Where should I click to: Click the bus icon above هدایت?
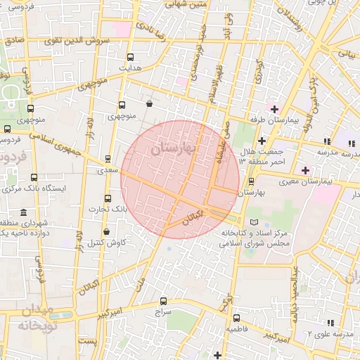pyautogui.click(x=129, y=57)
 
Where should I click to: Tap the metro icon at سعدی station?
pyautogui.click(x=108, y=159)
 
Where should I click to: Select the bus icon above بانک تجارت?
pyautogui.click(x=108, y=199)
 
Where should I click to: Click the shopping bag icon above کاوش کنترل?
pyautogui.click(x=106, y=231)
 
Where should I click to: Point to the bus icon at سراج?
pyautogui.click(x=164, y=301)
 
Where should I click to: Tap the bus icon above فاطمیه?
pyautogui.click(x=236, y=318)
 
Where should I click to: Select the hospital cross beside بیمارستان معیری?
pyautogui.click(x=305, y=170)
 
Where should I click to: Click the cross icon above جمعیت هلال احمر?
pyautogui.click(x=262, y=141)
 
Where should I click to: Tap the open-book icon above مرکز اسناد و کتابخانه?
pyautogui.click(x=244, y=222)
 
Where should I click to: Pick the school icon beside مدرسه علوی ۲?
pyautogui.click(x=330, y=323)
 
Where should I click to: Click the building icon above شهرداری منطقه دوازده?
pyautogui.click(x=24, y=212)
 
